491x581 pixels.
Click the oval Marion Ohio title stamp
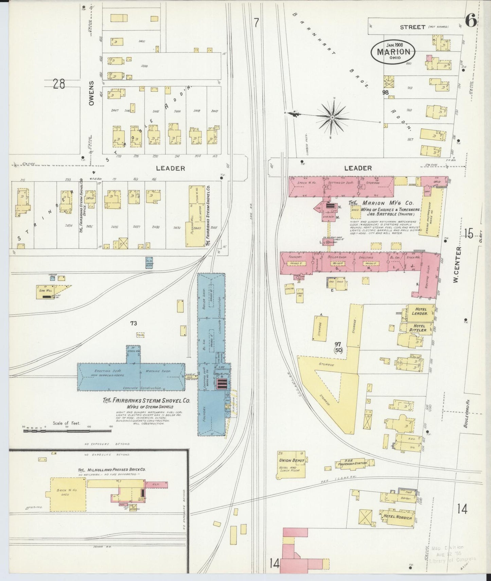pos(393,52)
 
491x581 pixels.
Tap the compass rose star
pos(332,117)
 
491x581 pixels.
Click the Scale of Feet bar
pos(67,431)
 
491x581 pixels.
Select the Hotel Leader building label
pos(420,311)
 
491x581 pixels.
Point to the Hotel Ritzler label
pos(418,328)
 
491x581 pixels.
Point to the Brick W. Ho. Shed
pos(65,493)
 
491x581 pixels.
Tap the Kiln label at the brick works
pos(156,483)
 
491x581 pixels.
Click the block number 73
pos(133,323)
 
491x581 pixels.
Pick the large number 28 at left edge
pos(58,84)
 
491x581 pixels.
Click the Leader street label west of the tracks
pos(171,168)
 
